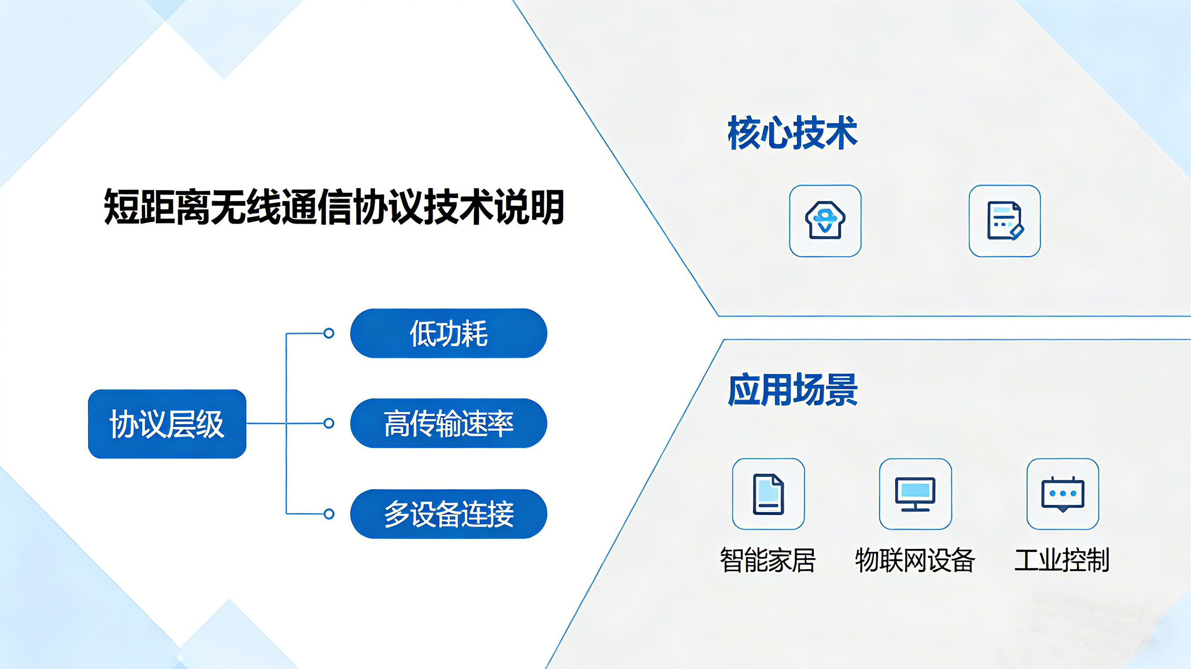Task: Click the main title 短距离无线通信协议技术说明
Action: click(334, 207)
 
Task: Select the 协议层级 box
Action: click(167, 424)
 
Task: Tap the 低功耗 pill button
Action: click(448, 333)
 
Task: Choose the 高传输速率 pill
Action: click(448, 423)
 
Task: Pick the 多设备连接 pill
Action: click(448, 514)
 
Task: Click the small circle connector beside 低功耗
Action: click(329, 333)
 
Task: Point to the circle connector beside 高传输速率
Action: click(329, 423)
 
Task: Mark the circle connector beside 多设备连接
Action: click(329, 514)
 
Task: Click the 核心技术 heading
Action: click(792, 133)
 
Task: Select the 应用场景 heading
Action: click(792, 390)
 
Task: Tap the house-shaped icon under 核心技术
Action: click(825, 221)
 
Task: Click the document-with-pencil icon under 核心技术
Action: click(1005, 221)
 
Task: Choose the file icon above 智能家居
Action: click(768, 494)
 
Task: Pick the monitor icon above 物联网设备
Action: click(915, 494)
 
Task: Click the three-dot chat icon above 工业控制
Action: click(1062, 494)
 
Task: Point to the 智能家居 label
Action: click(768, 560)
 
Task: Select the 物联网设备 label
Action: click(915, 560)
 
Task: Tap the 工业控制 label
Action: click(1062, 560)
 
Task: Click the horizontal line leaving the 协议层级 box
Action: click(285, 423)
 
